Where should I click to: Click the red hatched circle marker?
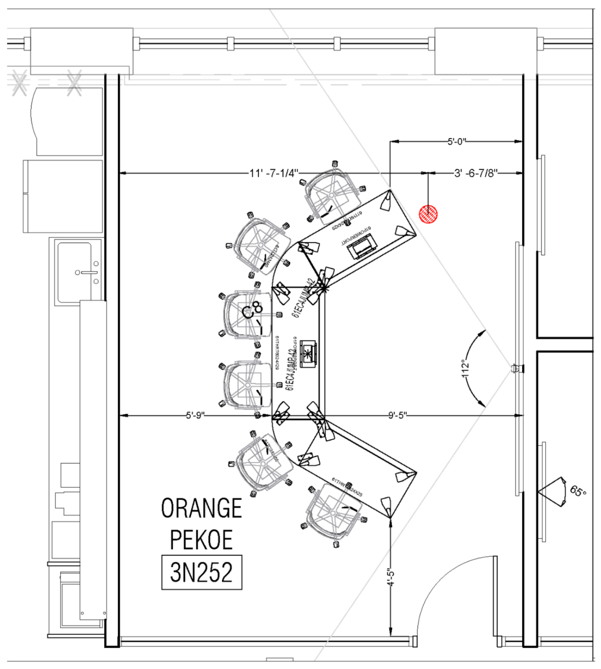click(428, 214)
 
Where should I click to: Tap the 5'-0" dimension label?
click(456, 141)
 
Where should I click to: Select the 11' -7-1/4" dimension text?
click(274, 173)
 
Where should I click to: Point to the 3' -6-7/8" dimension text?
click(476, 173)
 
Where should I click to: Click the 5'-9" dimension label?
click(195, 415)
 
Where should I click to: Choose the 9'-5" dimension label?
click(397, 415)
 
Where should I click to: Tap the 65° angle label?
click(578, 491)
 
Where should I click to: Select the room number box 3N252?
click(201, 572)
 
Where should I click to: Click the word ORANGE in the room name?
click(201, 508)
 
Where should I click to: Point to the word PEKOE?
click(201, 540)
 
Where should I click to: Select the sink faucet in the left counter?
click(87, 273)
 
